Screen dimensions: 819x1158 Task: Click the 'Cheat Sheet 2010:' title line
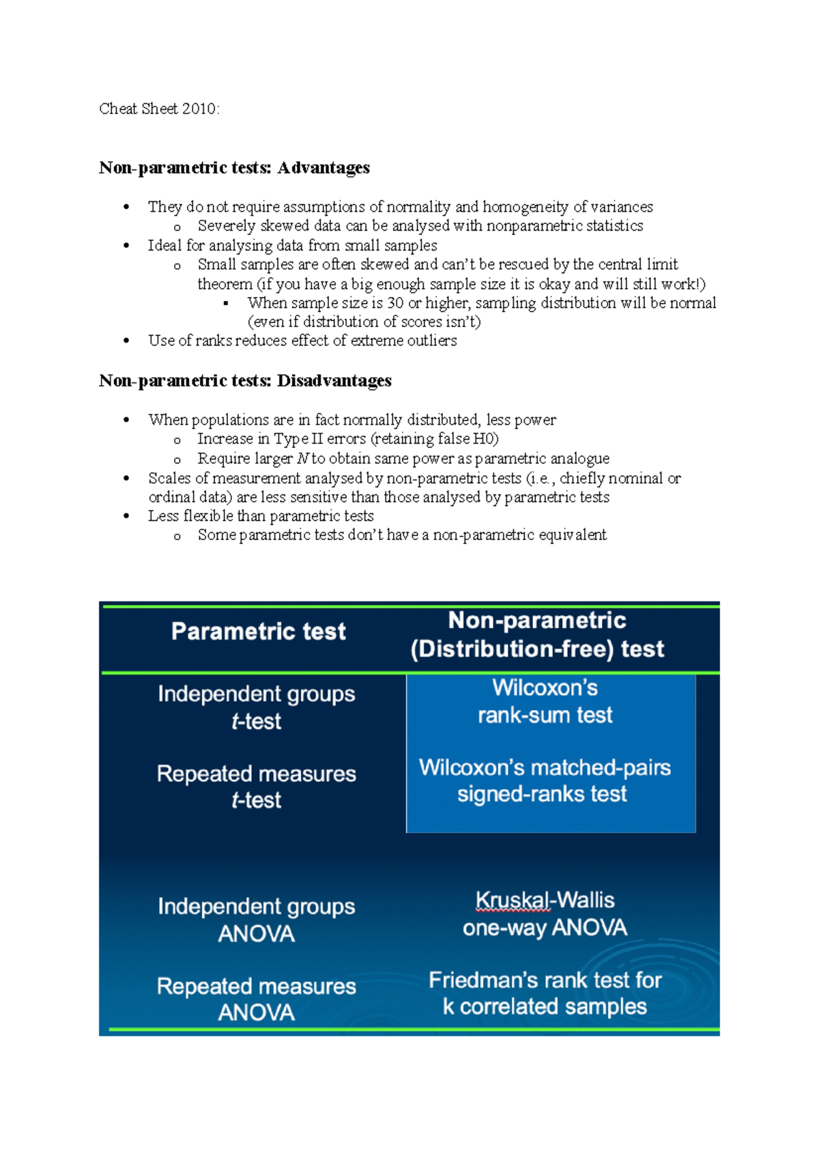tap(159, 109)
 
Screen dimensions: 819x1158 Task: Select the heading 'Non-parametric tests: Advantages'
tap(234, 168)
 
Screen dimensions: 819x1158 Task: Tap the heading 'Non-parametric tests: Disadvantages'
tap(245, 381)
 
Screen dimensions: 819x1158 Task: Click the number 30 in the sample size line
tap(395, 303)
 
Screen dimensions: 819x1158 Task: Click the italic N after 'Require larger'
tap(303, 459)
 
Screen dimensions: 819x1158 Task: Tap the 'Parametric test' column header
tap(259, 632)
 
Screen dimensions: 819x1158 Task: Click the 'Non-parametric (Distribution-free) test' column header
tap(537, 634)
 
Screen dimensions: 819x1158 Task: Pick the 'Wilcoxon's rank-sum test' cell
tap(545, 701)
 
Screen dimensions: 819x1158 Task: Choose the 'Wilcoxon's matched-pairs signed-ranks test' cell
tap(544, 780)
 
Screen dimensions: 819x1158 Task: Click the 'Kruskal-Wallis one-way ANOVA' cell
tap(545, 914)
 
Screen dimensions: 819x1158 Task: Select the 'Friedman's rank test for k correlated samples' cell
tap(545, 993)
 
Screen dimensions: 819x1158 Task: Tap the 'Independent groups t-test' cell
tap(256, 707)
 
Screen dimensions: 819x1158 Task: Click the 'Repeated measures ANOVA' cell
tap(256, 999)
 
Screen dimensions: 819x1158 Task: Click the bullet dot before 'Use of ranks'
tap(126, 341)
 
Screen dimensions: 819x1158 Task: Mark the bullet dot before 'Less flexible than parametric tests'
tap(126, 516)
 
